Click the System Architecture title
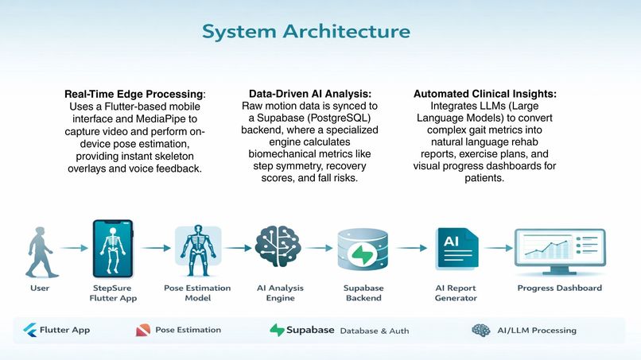click(306, 31)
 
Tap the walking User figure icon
click(38, 250)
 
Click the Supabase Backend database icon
click(363, 250)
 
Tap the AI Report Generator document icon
click(456, 250)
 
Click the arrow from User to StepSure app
click(73, 249)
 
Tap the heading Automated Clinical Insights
click(484, 94)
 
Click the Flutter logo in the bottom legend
click(30, 330)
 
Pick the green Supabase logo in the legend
click(277, 330)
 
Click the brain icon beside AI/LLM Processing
click(480, 330)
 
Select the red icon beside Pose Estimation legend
click(142, 330)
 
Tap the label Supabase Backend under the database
click(363, 292)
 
